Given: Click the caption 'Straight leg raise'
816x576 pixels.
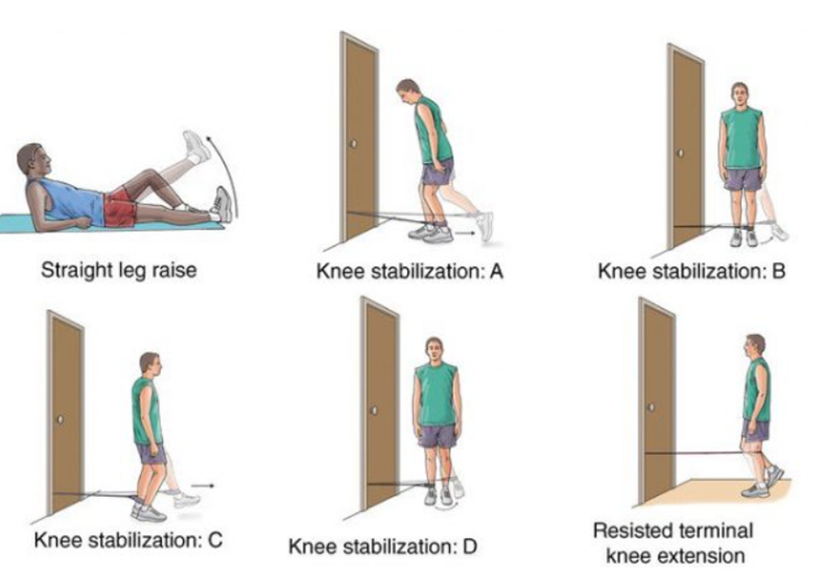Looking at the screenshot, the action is (118, 270).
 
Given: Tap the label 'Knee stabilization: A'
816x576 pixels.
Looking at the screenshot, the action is (410, 272).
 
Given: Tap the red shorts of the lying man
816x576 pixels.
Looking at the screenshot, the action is (120, 206).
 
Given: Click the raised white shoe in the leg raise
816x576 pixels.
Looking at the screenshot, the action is (196, 145).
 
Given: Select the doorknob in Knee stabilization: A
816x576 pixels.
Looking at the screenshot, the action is (354, 144).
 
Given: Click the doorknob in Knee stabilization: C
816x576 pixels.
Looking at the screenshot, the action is (60, 419).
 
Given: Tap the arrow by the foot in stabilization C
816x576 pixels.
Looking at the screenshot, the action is (207, 485).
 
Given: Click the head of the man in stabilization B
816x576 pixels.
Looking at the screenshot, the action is (740, 93).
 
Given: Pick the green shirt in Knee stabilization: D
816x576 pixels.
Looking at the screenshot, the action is (437, 394).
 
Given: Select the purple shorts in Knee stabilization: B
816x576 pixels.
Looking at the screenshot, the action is (742, 178).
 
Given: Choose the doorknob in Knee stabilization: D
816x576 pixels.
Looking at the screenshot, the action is (375, 411).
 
